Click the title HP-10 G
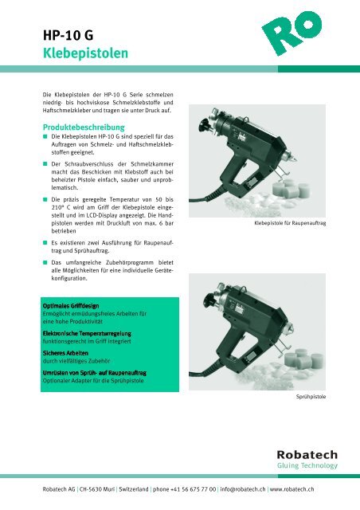click(71, 36)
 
